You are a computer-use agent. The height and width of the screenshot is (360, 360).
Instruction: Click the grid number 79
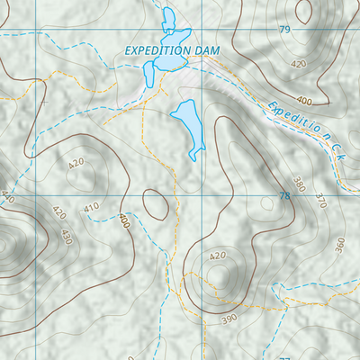pos(285,30)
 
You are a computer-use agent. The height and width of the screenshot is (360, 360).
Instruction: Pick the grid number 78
pos(285,195)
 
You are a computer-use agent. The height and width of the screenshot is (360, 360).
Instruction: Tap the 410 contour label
pos(91,208)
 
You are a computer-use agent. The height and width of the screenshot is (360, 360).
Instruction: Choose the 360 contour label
pos(339,244)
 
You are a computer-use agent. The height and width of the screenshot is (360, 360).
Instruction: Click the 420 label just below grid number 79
pos(299,64)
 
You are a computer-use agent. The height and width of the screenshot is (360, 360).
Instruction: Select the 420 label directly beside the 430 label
pos(59,214)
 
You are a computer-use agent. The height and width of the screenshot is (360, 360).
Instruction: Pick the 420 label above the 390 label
pos(218,256)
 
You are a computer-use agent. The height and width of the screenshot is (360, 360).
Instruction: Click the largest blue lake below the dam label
pos(189,124)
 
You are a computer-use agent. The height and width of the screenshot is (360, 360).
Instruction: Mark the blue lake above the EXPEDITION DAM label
pos(167,21)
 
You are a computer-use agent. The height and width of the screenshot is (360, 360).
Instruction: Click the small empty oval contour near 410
pos(155,205)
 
